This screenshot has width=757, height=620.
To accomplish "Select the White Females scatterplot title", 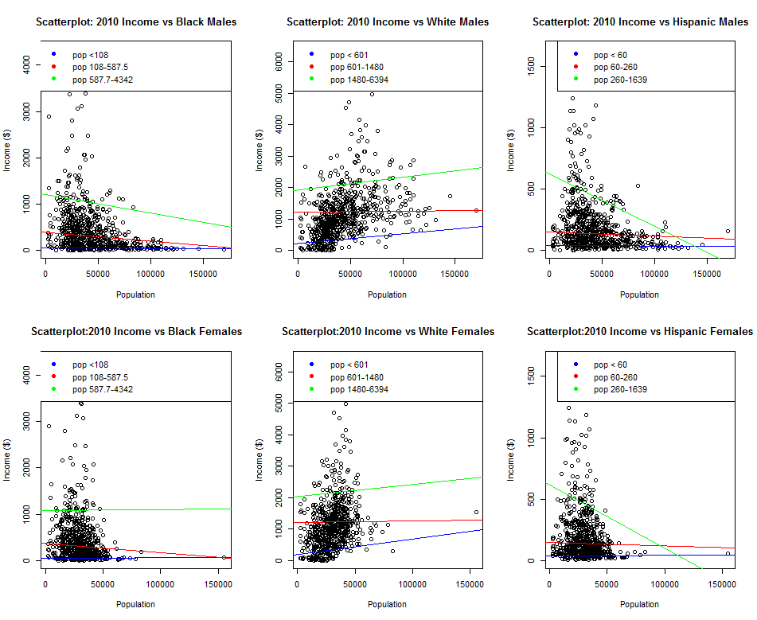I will coord(388,332).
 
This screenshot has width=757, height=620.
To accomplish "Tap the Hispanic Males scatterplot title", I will coord(640,22).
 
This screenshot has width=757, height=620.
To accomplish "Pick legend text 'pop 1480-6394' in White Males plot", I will coord(360,80).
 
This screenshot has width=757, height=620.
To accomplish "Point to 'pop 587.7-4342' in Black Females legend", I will coord(103,389).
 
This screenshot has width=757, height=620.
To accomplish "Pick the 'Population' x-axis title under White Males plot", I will coord(388,294).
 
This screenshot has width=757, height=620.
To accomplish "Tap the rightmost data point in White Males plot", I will coord(476,210).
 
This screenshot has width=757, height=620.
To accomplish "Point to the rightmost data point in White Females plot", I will coord(476,513).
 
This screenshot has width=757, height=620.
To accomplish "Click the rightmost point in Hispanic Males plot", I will coord(728,232).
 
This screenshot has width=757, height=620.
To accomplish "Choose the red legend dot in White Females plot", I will coord(311,376).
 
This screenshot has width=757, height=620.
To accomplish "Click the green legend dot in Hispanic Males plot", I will coord(575,80).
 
